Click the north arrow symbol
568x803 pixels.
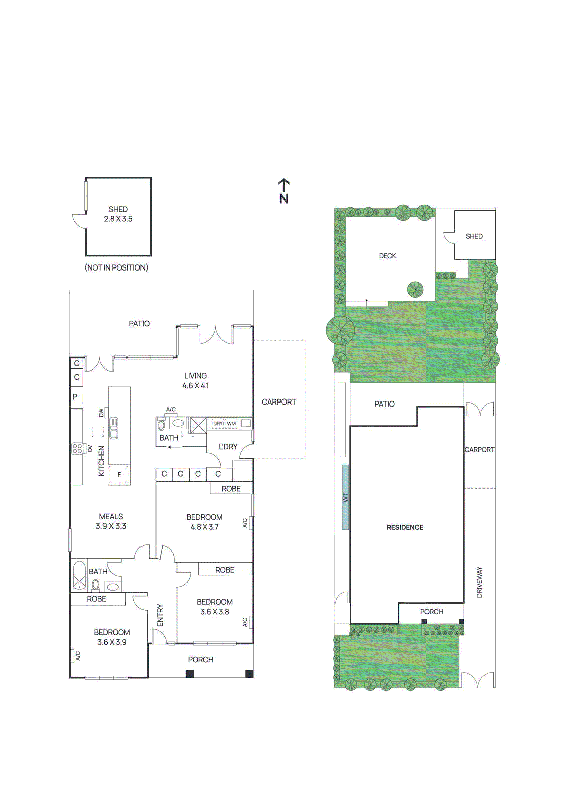(284, 191)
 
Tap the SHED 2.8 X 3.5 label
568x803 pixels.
(118, 214)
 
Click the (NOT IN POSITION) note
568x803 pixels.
(116, 268)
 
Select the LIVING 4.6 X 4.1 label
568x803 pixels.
(195, 381)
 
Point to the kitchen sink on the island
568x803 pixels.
(114, 428)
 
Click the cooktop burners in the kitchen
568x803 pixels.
(77, 448)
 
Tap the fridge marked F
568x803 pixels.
(119, 475)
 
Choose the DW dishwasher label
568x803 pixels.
(102, 413)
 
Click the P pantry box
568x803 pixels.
(76, 397)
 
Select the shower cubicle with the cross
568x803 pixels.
(198, 425)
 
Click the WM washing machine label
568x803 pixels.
(231, 424)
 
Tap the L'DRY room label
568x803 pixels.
(228, 447)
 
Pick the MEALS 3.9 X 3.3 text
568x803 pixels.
(111, 521)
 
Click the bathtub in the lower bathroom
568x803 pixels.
(79, 575)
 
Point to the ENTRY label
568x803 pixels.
(160, 615)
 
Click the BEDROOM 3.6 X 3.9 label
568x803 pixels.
(112, 637)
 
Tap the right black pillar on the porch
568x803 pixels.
(249, 674)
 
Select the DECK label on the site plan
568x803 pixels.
(387, 256)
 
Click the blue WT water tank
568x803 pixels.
(345, 497)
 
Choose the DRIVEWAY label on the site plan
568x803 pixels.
(479, 582)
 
